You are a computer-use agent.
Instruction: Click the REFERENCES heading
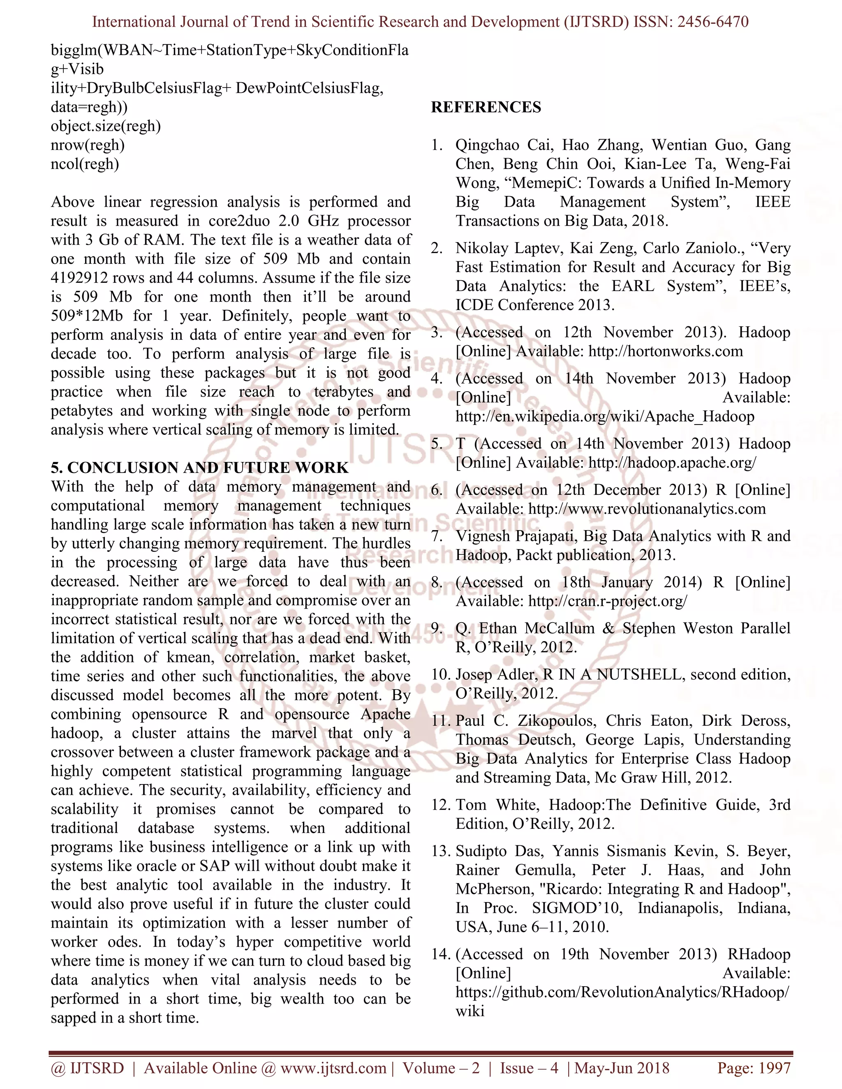click(x=486, y=107)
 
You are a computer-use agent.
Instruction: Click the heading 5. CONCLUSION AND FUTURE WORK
click(x=199, y=468)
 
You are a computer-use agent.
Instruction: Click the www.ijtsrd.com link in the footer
click(x=333, y=1068)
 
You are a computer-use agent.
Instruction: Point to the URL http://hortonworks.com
click(x=666, y=351)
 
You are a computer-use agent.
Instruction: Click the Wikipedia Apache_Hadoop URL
click(x=604, y=416)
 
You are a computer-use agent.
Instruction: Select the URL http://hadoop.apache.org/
click(x=672, y=462)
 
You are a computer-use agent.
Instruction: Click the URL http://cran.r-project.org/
click(x=608, y=601)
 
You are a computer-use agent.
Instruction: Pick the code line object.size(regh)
click(x=106, y=126)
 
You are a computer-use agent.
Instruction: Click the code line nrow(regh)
click(x=87, y=145)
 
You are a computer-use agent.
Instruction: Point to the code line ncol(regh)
click(x=85, y=164)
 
